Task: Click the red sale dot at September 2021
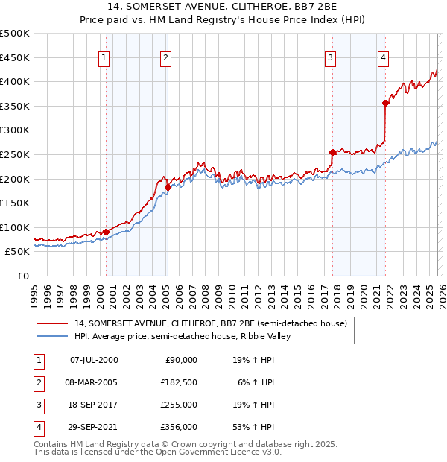click(x=385, y=104)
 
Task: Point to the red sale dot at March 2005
click(x=168, y=188)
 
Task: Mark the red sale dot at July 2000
click(x=106, y=232)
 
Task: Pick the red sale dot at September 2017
click(x=332, y=152)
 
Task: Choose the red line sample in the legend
click(x=53, y=324)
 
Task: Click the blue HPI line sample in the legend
click(x=53, y=337)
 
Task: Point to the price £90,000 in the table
click(x=180, y=359)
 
